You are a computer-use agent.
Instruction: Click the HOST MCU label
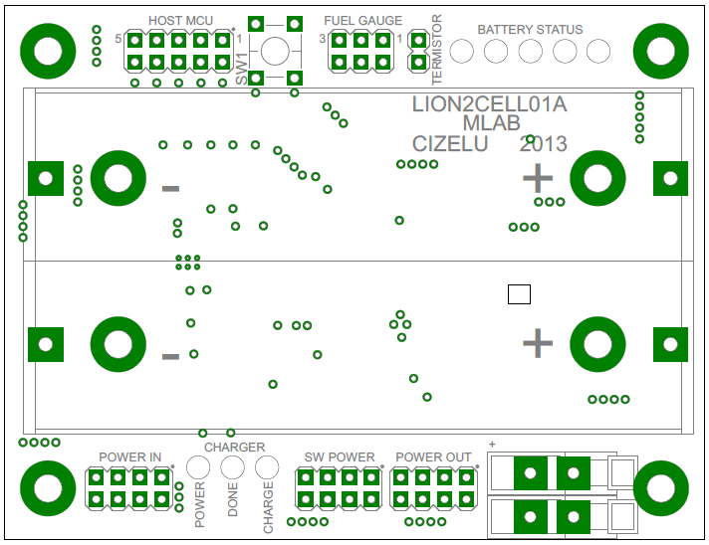(180, 21)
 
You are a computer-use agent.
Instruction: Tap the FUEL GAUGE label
(362, 21)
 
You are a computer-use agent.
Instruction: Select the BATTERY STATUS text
(530, 30)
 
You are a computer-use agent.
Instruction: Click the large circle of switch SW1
(275, 51)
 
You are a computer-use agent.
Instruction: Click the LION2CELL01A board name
(489, 104)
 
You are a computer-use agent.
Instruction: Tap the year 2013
(543, 144)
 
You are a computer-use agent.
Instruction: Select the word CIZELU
(449, 144)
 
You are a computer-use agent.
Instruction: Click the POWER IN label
(129, 457)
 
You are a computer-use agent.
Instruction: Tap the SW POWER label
(340, 457)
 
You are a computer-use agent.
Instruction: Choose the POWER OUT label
(433, 457)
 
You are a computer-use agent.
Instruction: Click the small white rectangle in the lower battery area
(519, 294)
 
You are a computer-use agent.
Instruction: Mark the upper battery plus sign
(538, 179)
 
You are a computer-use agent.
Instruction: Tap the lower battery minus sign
(170, 356)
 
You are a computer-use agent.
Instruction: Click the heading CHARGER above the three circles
(234, 448)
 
